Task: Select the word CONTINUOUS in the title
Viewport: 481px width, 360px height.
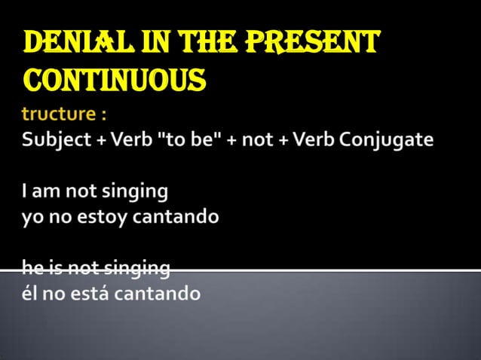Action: tap(115, 78)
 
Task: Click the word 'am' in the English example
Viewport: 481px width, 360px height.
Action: tap(46, 192)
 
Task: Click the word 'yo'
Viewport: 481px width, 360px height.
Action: tap(33, 218)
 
